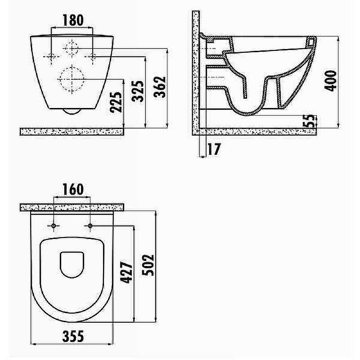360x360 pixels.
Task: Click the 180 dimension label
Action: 73,20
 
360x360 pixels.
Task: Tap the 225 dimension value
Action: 116,102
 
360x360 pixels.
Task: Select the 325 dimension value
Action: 138,91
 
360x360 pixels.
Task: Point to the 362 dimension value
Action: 160,87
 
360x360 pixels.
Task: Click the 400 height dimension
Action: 331,81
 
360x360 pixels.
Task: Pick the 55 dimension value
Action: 309,121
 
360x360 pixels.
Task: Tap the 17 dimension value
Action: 214,149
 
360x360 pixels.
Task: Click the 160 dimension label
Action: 73,189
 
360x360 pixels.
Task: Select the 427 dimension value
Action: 127,272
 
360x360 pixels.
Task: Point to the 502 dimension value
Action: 148,265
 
